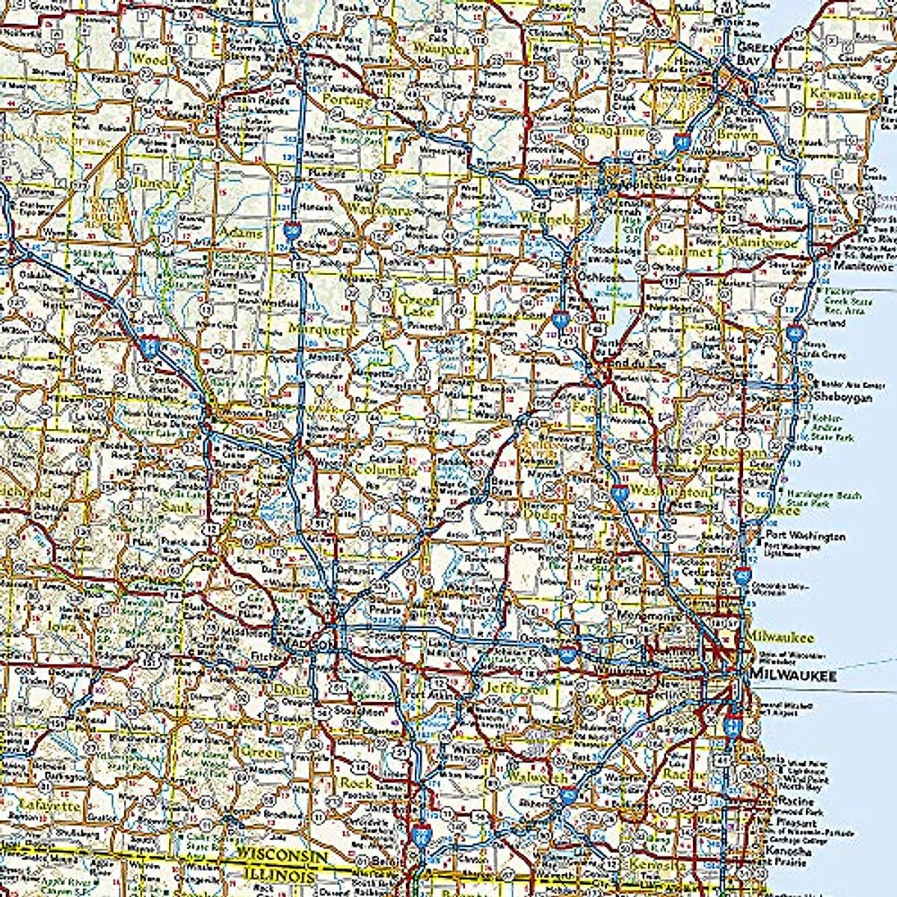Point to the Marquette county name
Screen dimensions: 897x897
coord(323,328)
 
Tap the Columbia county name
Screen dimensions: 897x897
coord(386,471)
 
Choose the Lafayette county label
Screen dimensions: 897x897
coord(49,805)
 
